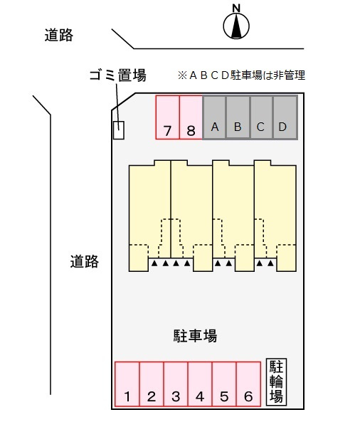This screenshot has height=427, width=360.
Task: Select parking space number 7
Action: point(168,117)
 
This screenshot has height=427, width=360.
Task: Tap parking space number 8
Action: point(191,117)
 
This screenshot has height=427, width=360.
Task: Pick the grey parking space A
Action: point(214,117)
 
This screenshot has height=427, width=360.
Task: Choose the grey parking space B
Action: point(238,117)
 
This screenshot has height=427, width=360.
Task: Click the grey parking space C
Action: point(261,117)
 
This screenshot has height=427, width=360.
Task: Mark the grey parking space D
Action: point(285,117)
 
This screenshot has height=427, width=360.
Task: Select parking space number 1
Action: point(127,384)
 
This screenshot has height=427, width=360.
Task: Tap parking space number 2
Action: point(152,384)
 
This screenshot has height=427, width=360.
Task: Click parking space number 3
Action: point(176,384)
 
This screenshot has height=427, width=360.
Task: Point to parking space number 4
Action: point(200,384)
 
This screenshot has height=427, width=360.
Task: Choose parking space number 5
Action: point(224,384)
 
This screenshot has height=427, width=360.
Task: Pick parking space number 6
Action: point(248,384)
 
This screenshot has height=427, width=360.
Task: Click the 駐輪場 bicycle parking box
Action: point(276,381)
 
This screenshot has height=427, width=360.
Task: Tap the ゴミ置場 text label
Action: point(118,75)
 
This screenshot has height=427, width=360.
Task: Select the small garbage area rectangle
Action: point(119,130)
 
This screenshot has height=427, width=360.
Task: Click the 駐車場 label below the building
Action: point(195,335)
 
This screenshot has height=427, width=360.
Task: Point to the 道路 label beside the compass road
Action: point(59,36)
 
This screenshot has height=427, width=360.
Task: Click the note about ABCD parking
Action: point(241,75)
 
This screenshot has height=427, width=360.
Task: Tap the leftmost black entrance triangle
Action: point(154,263)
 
